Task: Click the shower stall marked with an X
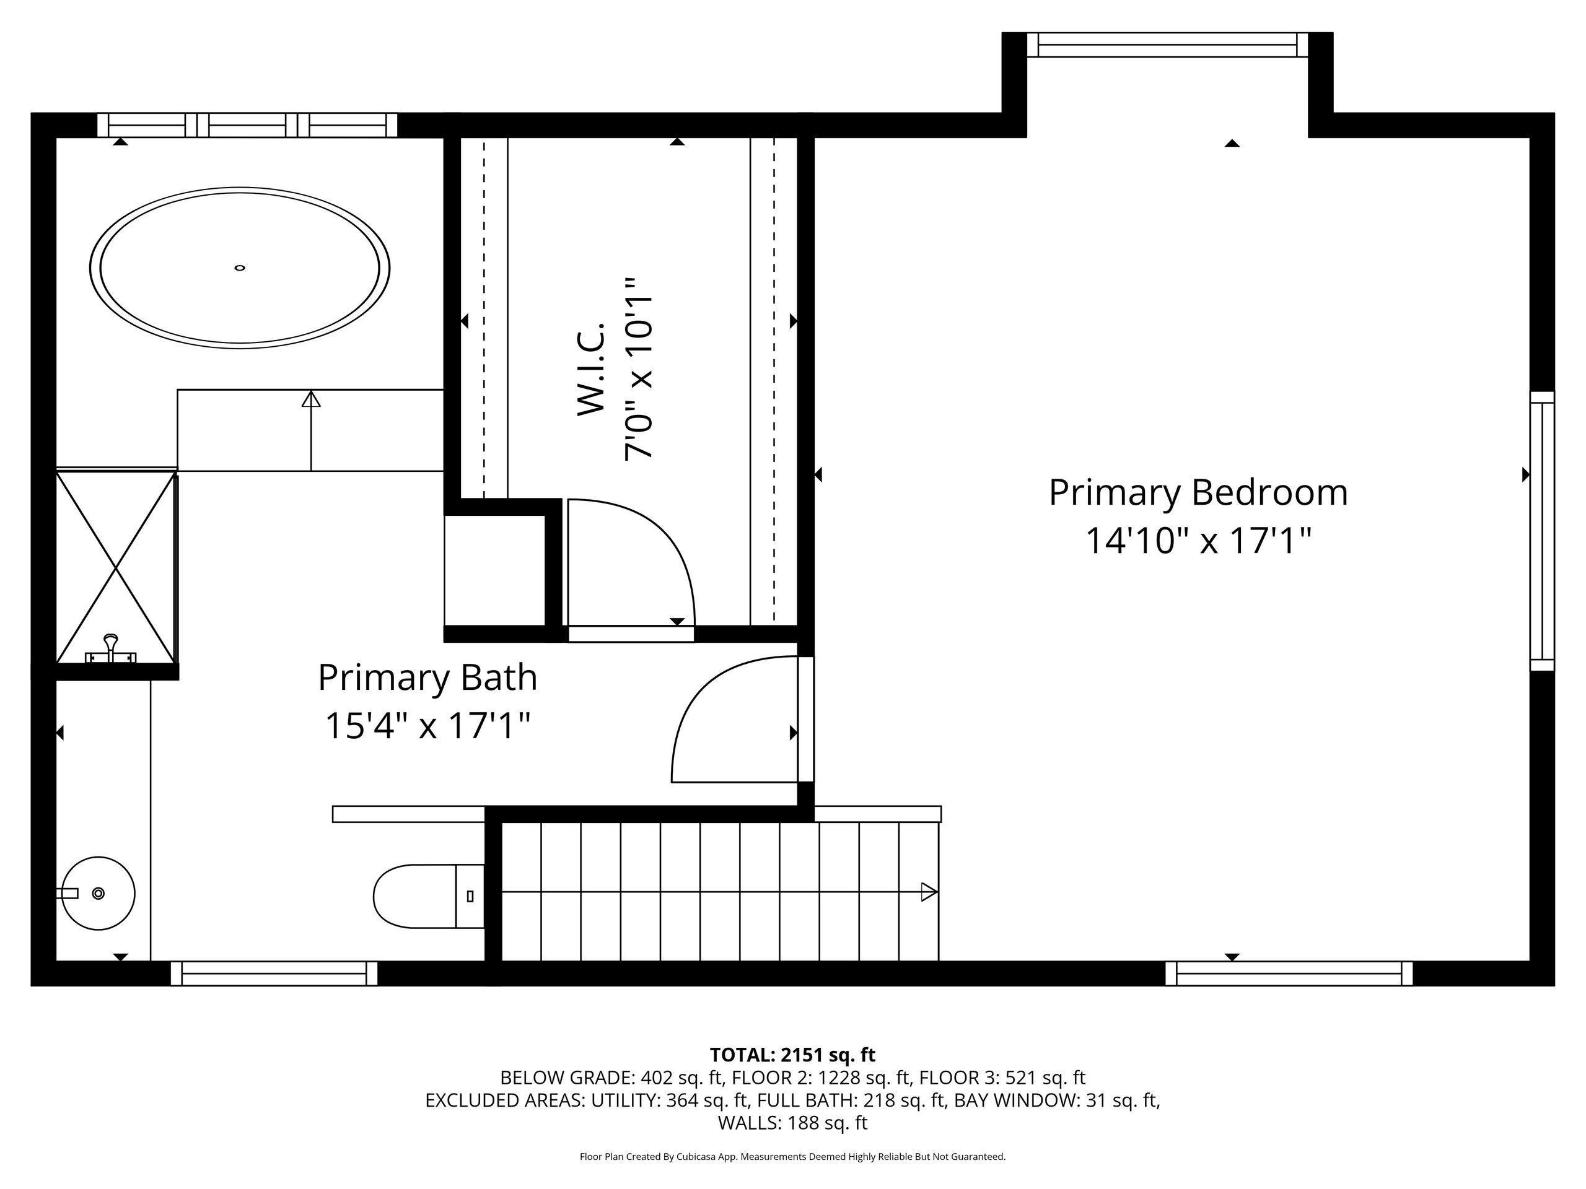(116, 566)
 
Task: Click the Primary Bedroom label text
(1198, 494)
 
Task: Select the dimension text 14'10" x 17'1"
(1198, 541)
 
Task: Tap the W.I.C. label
(592, 369)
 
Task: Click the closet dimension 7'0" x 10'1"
(638, 369)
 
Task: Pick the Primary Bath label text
(427, 677)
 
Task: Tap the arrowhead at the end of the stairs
(929, 892)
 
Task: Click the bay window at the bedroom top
(1167, 45)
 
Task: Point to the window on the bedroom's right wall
(1542, 531)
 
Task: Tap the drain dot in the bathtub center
(240, 268)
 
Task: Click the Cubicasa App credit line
(792, 1156)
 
